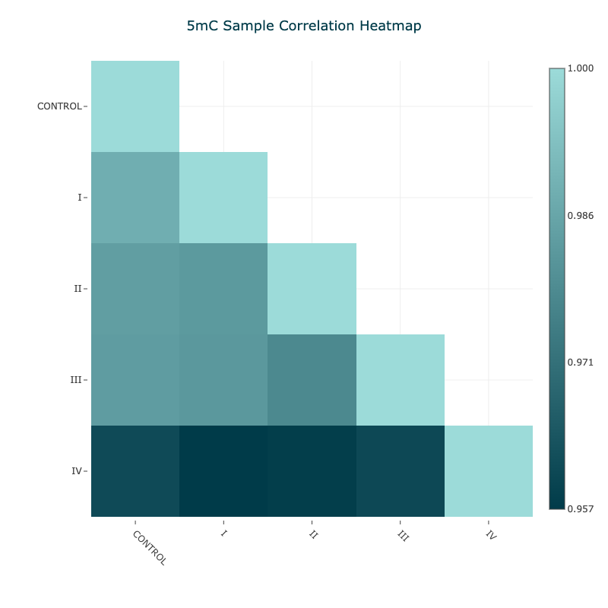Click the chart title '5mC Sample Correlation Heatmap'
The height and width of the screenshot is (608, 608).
(x=304, y=26)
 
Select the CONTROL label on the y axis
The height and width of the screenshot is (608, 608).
(x=59, y=106)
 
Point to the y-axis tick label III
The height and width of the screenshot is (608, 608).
(x=75, y=380)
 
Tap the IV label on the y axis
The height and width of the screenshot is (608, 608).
(x=76, y=471)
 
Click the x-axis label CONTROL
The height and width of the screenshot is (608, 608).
(x=149, y=547)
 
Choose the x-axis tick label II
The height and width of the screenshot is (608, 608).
(x=312, y=534)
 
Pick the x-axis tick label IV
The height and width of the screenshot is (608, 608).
(x=490, y=535)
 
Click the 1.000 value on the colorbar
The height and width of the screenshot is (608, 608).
(x=581, y=68)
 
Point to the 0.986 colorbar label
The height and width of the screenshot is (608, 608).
(x=581, y=216)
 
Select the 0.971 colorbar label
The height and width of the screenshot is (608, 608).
(x=581, y=362)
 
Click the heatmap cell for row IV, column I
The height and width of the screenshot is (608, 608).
(x=223, y=471)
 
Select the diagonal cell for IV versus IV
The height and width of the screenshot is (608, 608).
(x=489, y=471)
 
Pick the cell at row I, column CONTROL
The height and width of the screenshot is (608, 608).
(x=135, y=198)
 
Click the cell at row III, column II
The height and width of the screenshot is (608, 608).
(x=312, y=380)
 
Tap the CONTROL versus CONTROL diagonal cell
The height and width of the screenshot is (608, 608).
(x=135, y=106)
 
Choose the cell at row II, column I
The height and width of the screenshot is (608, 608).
(x=223, y=289)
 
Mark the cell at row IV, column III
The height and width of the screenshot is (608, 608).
(x=401, y=471)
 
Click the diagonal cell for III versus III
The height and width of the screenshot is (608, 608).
(x=401, y=380)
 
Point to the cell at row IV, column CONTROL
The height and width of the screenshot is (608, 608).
(x=135, y=471)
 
